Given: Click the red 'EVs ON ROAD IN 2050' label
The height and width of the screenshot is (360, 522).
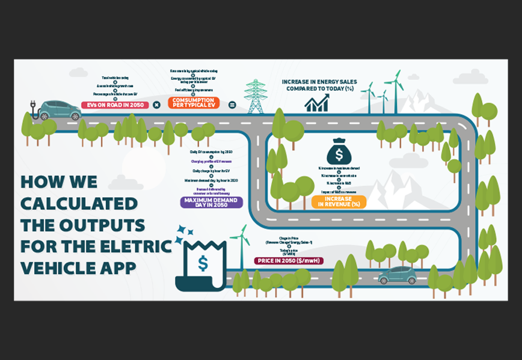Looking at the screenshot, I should tap(114, 105).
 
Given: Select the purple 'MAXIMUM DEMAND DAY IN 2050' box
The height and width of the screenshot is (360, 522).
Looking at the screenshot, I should tap(211, 202).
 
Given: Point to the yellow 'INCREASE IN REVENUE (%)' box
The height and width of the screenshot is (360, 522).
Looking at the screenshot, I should tap(339, 202).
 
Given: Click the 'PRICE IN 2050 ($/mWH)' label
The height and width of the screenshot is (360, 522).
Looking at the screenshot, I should tap(289, 261).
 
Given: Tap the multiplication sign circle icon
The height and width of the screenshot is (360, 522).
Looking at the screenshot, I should tap(156, 105).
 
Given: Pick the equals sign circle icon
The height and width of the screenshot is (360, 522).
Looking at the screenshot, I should tap(232, 105).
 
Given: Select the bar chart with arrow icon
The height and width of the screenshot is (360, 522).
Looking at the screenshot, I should tap(316, 103).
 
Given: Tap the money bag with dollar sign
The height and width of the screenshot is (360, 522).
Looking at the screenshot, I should tap(339, 152).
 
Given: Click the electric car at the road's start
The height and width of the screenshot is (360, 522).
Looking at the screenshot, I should tap(59, 110).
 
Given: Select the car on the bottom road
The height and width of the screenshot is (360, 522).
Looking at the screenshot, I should tap(397, 275).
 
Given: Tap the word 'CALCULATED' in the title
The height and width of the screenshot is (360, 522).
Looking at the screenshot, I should tap(79, 203).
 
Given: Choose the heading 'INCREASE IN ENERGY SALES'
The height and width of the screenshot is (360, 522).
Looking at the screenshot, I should tap(328, 82).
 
